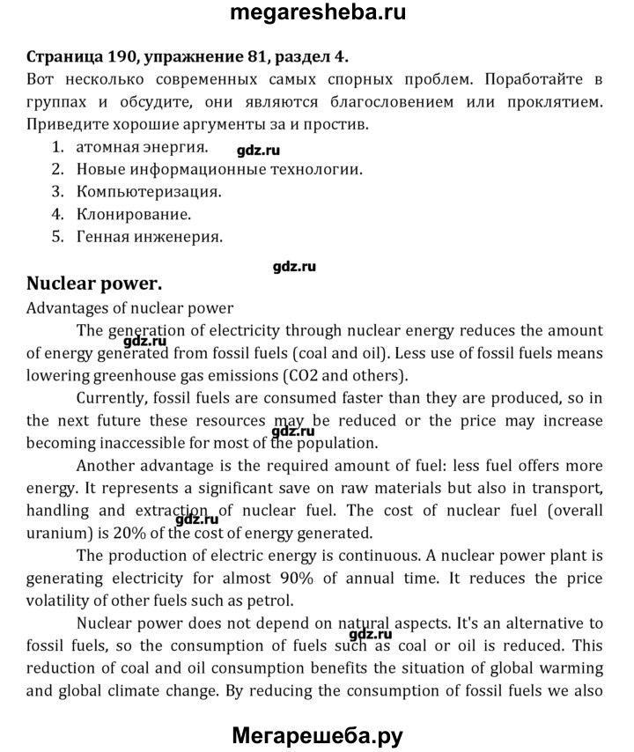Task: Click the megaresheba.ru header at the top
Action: [x=317, y=14]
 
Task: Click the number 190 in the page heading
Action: [x=122, y=58]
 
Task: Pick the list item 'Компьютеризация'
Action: [x=149, y=191]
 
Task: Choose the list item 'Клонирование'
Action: [x=134, y=214]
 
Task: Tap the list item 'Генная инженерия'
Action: [x=150, y=237]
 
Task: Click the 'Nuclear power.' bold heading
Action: [x=94, y=284]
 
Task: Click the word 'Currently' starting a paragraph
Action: [x=111, y=398]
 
